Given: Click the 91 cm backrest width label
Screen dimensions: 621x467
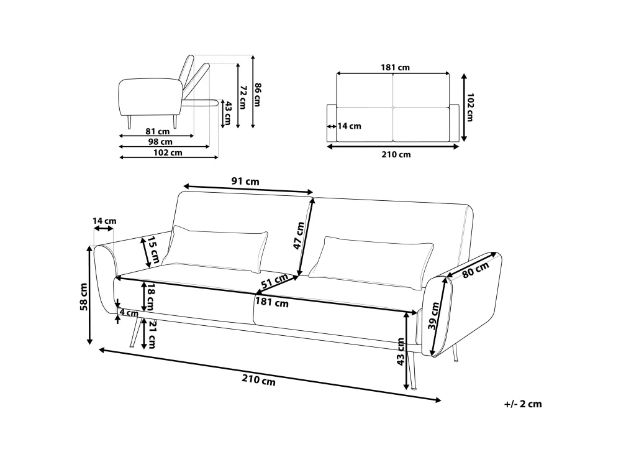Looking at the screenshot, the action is (x=245, y=182).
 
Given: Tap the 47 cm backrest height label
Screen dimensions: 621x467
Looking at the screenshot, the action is (x=299, y=236).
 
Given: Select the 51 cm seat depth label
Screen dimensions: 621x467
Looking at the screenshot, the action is (x=274, y=280).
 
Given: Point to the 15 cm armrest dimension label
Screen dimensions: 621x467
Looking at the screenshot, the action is (x=153, y=250).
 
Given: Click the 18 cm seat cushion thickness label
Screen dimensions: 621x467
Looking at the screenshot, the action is (x=150, y=297).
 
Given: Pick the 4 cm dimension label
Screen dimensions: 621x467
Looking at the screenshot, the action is (x=129, y=313).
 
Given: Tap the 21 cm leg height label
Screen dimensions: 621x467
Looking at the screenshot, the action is (x=150, y=333).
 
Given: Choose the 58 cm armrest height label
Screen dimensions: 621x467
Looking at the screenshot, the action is (x=83, y=296).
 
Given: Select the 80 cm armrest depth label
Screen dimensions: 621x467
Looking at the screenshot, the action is (x=475, y=270).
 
